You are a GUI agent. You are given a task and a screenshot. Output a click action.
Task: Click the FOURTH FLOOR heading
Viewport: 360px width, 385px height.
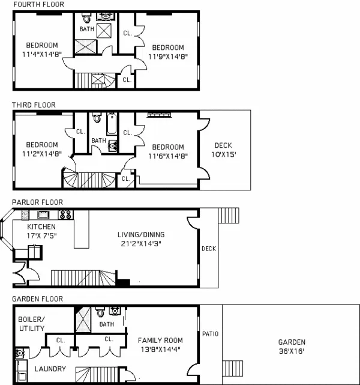pyautogui.click(x=38, y=5)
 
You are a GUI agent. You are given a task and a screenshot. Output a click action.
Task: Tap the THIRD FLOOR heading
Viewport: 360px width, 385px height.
pyautogui.click(x=35, y=105)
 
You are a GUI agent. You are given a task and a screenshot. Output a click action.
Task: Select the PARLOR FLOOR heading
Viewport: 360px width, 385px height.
pyautogui.click(x=37, y=202)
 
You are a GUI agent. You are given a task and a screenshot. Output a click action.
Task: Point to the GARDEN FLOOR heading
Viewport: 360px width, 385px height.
pyautogui.click(x=37, y=299)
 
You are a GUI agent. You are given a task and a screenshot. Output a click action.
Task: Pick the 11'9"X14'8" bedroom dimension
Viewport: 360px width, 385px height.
pyautogui.click(x=167, y=58)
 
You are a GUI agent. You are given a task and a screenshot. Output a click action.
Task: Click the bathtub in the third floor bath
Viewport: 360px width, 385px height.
pyautogui.click(x=112, y=123)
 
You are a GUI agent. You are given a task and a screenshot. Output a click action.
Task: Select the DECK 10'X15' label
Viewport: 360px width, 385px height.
pyautogui.click(x=223, y=150)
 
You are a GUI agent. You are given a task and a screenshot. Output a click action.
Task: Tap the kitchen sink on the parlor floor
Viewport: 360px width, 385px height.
pyautogui.click(x=43, y=214)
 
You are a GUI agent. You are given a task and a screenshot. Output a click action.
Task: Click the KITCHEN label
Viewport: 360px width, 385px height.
pyautogui.click(x=41, y=227)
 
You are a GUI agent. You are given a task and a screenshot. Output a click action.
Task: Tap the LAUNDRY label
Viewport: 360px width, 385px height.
pyautogui.click(x=49, y=369)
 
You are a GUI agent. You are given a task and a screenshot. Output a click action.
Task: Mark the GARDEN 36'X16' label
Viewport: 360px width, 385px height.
pyautogui.click(x=291, y=345)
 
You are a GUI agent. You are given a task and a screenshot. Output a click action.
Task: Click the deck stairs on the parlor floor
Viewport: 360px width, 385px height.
pyautogui.click(x=228, y=215)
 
